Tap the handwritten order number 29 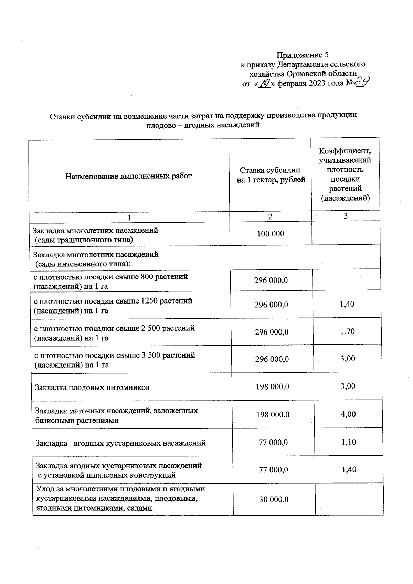click(x=362, y=82)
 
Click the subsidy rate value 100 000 click(x=271, y=234)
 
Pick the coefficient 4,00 click(x=348, y=414)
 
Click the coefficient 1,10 click(x=349, y=442)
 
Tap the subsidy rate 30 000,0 click(x=274, y=499)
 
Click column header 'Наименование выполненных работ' click(x=128, y=176)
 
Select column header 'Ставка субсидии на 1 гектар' click(x=271, y=175)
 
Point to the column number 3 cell click(x=346, y=216)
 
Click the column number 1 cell click(x=129, y=217)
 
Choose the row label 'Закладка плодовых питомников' click(x=92, y=387)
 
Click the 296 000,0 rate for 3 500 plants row click(x=272, y=359)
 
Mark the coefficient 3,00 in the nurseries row click(x=348, y=386)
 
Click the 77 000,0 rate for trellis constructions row click(x=273, y=470)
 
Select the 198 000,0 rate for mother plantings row click(x=273, y=415)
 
